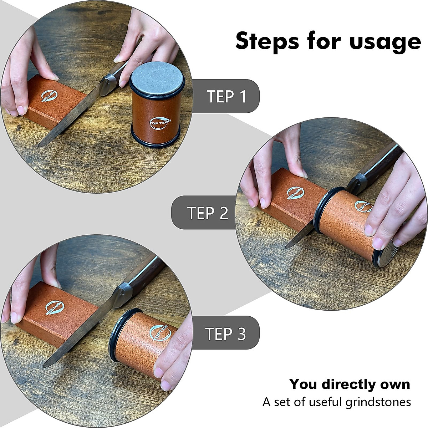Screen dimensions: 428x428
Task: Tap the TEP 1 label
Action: coord(226,97)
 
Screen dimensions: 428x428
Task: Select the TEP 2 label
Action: coord(208,213)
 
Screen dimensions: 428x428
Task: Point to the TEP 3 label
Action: coord(225,334)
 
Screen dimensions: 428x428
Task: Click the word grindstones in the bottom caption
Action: coord(378,402)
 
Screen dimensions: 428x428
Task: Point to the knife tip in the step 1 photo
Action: coord(40,145)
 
